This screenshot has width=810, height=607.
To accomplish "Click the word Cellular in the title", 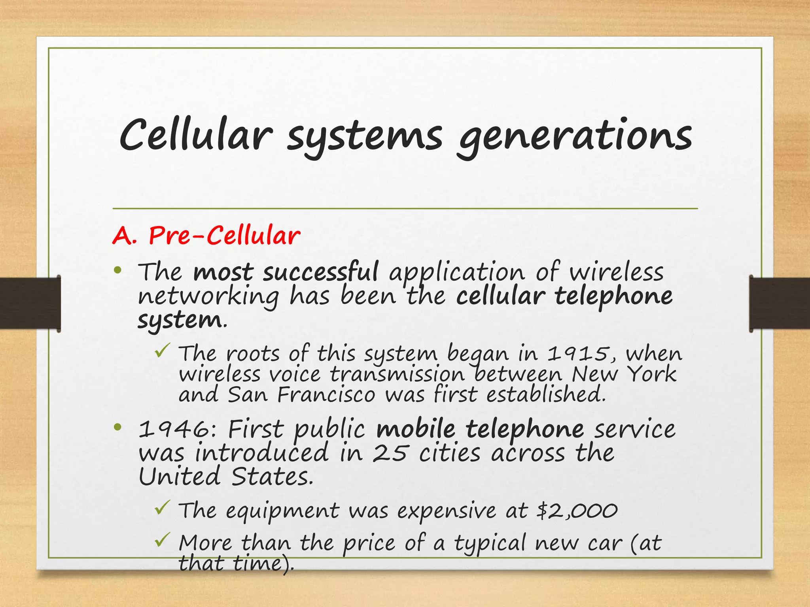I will pyautogui.click(x=196, y=135).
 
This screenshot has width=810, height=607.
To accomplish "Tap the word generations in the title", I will pyautogui.click(x=575, y=136).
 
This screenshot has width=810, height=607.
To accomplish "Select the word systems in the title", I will pyautogui.click(x=364, y=136).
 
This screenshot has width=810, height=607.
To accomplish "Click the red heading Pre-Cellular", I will pyautogui.click(x=224, y=236).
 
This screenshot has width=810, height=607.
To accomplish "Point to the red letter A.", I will pyautogui.click(x=124, y=236).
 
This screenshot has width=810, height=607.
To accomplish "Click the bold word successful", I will pyautogui.click(x=321, y=272).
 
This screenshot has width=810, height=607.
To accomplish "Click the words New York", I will pyautogui.click(x=624, y=374).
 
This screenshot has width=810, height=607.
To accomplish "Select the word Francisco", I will pyautogui.click(x=326, y=394).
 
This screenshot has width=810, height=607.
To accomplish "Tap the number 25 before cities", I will pyautogui.click(x=389, y=453).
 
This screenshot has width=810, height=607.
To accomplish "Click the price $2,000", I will pyautogui.click(x=577, y=511).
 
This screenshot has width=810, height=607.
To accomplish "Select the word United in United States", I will pyautogui.click(x=179, y=477).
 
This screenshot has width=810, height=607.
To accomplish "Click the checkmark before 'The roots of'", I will pyautogui.click(x=163, y=351).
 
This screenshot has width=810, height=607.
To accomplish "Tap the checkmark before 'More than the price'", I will pyautogui.click(x=163, y=540).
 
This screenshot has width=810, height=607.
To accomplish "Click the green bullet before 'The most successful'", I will pyautogui.click(x=117, y=271).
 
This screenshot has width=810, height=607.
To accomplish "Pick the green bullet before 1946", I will pyautogui.click(x=117, y=427).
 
